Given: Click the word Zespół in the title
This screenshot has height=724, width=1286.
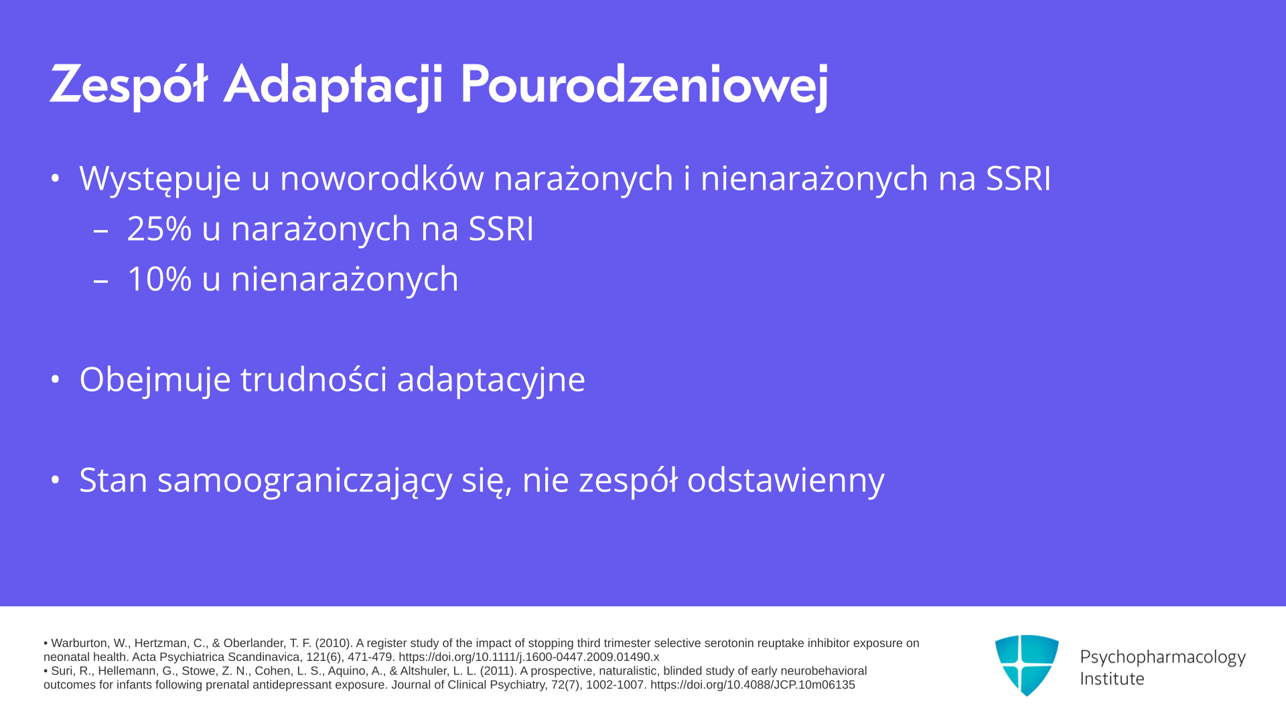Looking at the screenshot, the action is point(129,85).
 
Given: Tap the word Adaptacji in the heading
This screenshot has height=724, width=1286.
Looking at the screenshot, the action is point(333,85).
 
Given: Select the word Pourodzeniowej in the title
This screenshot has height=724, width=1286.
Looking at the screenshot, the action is point(644,85).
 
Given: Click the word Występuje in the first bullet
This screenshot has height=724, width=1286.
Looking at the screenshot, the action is point(160,179).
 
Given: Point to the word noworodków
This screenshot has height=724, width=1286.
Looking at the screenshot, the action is point(382,178).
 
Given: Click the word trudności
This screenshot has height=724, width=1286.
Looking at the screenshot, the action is point(313,379).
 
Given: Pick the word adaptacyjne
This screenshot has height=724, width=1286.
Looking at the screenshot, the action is point(491,380).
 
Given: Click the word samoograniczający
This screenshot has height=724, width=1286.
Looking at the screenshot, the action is point(305,481).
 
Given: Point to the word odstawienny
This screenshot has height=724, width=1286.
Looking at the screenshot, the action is point(786,480).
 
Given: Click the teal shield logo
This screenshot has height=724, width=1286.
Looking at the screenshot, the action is point(1027,665).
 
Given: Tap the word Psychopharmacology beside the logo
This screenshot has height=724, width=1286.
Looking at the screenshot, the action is point(1163,657).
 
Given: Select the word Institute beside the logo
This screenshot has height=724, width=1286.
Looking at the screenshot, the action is point(1112,678).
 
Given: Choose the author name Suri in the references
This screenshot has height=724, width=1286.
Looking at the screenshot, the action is point(62,671).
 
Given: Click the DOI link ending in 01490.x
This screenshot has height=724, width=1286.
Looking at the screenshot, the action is point(529,657).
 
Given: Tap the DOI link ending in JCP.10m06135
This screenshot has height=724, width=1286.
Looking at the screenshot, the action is point(753,685).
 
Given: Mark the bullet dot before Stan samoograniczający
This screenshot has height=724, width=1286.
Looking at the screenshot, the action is point(56,480).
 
